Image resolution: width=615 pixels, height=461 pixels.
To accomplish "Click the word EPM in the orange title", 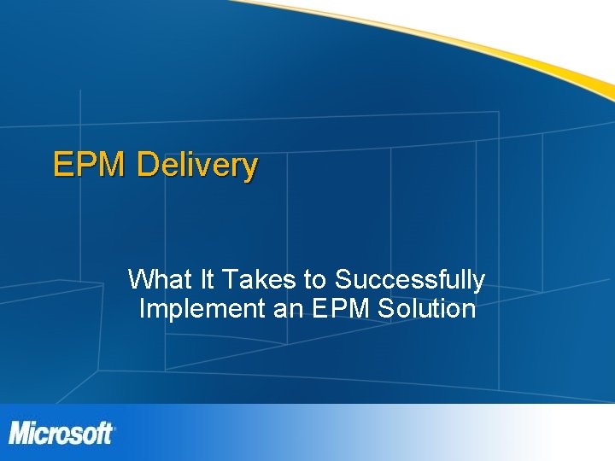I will (90, 164).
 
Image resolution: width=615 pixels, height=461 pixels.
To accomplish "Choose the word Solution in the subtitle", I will (425, 308).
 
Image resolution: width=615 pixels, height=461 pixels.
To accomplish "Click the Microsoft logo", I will (61, 433).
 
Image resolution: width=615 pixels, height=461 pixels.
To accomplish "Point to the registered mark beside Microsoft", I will (114, 424).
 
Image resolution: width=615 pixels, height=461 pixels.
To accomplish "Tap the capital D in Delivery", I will (147, 164).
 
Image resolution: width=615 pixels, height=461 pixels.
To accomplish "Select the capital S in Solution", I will (383, 308).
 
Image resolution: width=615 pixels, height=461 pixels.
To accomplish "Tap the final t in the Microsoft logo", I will (108, 434).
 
